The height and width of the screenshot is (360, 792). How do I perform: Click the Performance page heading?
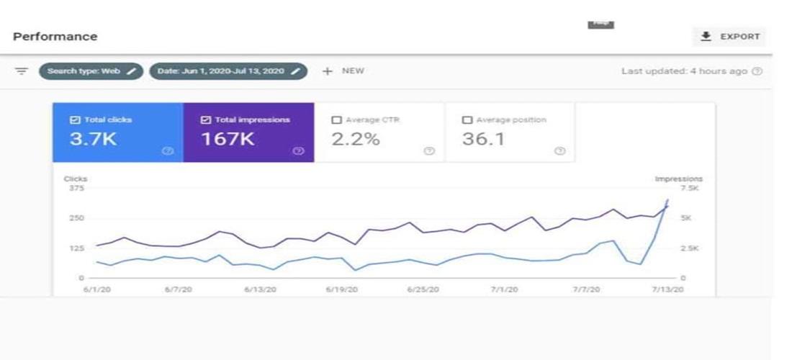click(x=55, y=37)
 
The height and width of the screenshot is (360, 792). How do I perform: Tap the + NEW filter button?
click(x=343, y=71)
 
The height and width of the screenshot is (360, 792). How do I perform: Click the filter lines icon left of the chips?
click(x=22, y=71)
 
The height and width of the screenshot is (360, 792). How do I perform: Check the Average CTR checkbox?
click(x=336, y=120)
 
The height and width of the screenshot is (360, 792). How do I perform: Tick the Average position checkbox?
click(x=467, y=120)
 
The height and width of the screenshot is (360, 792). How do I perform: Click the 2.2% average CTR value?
click(x=355, y=139)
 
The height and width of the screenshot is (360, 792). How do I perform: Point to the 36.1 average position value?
click(x=482, y=139)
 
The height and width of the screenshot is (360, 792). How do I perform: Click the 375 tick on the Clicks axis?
click(x=76, y=189)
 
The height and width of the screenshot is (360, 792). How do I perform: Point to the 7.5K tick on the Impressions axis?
click(x=689, y=189)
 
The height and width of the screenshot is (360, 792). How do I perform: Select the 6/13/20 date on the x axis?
click(x=259, y=289)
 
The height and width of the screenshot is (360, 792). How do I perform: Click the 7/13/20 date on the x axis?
click(x=667, y=289)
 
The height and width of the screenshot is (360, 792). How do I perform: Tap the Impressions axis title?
click(x=678, y=179)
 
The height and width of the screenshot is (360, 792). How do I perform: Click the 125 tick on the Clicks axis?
click(x=76, y=248)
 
